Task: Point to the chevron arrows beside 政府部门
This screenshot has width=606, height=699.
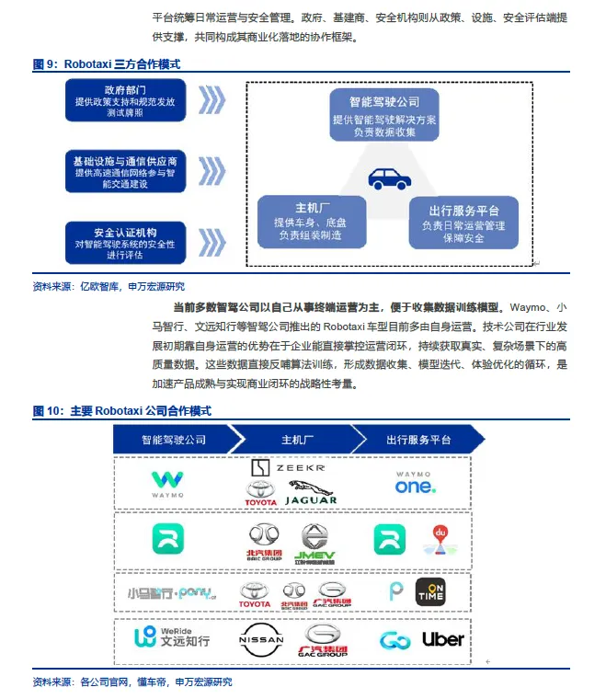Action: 212,99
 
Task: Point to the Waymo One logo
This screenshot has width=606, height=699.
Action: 415,483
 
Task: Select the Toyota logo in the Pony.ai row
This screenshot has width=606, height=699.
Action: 255,594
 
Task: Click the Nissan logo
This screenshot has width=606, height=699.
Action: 262,640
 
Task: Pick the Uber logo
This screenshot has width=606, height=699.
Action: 442,640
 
